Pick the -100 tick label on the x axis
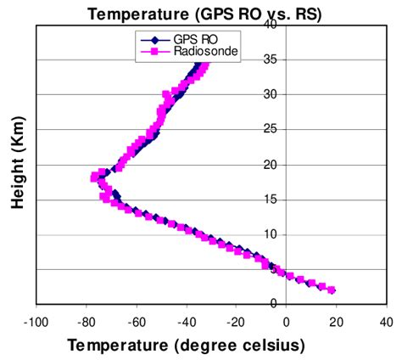(x=36, y=323)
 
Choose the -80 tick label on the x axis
(x=86, y=323)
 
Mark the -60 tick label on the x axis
(x=136, y=323)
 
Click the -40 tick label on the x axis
(x=186, y=323)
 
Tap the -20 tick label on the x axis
(x=236, y=323)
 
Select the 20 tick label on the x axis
(x=336, y=323)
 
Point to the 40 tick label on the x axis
(x=386, y=323)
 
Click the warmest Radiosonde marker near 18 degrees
(x=332, y=290)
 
